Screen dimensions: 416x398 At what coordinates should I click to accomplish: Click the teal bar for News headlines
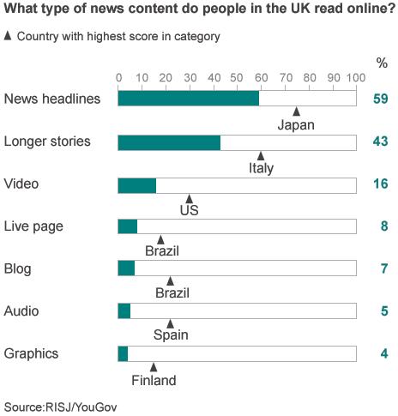(x=188, y=99)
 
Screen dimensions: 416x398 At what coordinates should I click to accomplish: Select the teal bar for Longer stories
(x=169, y=142)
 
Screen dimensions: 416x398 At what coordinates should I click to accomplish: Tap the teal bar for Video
(x=137, y=185)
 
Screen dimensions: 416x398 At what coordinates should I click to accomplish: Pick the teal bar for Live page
(x=127, y=226)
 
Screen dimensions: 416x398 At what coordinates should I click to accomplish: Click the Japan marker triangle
(x=296, y=112)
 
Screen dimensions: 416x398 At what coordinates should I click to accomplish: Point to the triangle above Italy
(x=261, y=155)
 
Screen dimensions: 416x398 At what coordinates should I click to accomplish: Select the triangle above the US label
(x=189, y=198)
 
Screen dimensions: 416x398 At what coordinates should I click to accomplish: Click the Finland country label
(x=154, y=380)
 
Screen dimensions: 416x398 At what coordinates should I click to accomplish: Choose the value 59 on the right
(x=381, y=99)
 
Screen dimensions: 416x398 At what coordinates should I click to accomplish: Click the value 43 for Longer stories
(x=381, y=142)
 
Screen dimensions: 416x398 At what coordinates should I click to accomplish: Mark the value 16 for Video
(x=381, y=184)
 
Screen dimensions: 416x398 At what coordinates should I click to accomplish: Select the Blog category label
(x=18, y=268)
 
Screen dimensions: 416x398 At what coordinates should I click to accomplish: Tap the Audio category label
(x=21, y=310)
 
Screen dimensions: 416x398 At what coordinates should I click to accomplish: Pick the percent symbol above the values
(x=382, y=62)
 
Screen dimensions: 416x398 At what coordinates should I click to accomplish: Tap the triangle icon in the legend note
(x=9, y=36)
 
